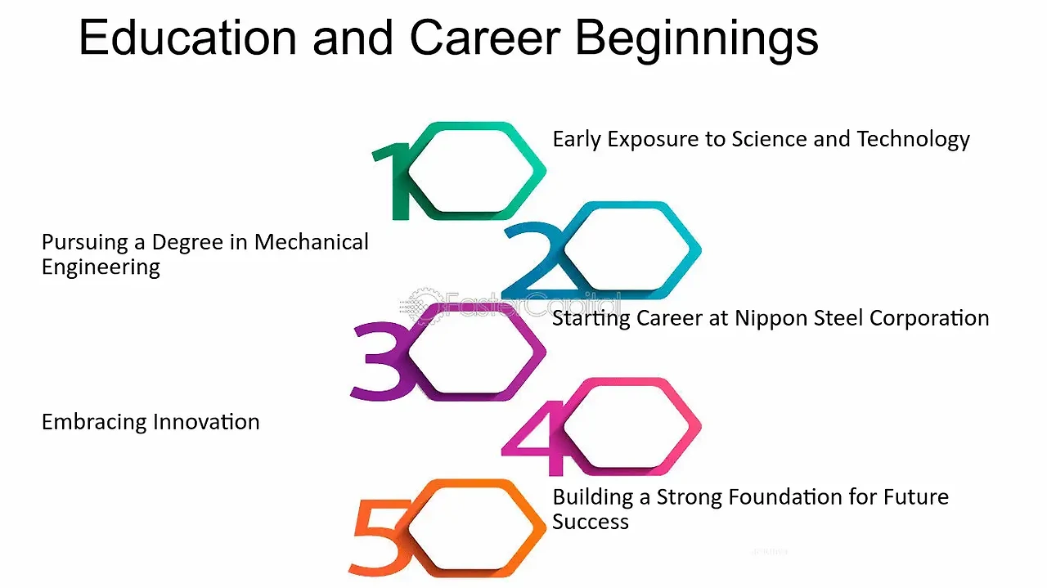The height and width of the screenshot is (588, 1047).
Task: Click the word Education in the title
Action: point(188,38)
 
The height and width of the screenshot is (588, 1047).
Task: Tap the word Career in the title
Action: point(485,38)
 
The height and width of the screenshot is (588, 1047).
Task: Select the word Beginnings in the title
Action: point(697,41)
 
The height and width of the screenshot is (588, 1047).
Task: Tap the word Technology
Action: point(914,140)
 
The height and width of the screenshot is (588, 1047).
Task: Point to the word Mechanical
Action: point(312,242)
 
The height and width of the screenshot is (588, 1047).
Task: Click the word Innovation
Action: point(206,422)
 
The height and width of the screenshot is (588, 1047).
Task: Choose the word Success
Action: point(591,522)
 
